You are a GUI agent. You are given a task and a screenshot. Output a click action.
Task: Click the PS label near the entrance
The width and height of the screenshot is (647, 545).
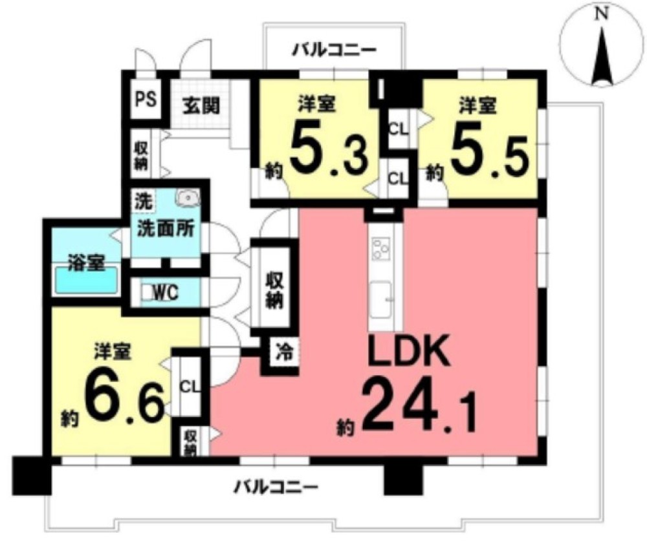[146, 100]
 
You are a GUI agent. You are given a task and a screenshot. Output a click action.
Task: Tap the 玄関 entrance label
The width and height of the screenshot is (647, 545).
[202, 107]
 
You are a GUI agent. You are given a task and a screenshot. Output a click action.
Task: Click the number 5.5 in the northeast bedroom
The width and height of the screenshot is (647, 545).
[490, 152]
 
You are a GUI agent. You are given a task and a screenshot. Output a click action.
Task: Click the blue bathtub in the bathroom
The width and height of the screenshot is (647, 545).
[86, 279]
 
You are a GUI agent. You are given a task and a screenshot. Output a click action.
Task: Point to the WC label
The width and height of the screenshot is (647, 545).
[166, 292]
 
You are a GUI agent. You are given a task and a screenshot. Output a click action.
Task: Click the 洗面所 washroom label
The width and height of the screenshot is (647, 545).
[166, 229]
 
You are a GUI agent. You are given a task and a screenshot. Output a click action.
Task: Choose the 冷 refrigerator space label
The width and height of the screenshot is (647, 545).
[284, 353]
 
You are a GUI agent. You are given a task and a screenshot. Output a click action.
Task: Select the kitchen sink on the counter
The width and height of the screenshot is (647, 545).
[380, 300]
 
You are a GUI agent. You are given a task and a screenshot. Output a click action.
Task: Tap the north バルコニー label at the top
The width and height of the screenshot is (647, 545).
[334, 50]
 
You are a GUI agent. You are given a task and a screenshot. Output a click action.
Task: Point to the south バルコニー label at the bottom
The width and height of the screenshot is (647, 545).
[276, 487]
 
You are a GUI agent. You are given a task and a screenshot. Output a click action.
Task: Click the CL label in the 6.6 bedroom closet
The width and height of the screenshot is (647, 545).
[190, 387]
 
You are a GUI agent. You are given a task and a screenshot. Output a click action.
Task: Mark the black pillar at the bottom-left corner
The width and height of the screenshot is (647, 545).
[32, 475]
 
